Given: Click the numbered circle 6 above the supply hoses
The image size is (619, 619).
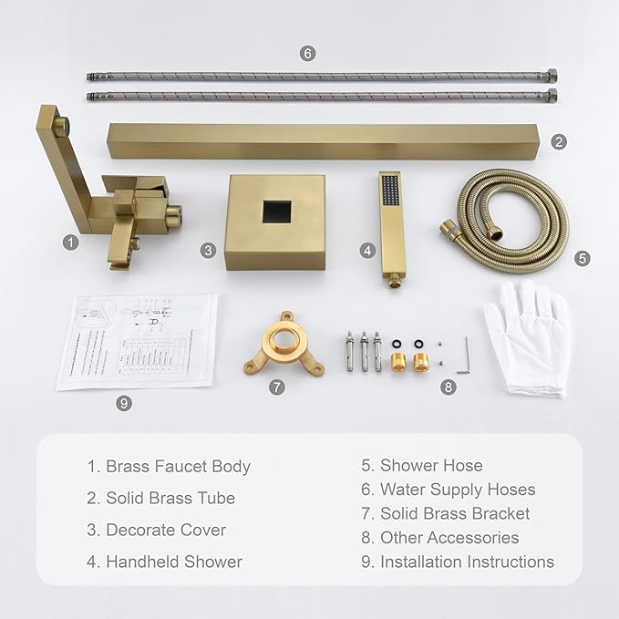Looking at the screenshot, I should (308, 53).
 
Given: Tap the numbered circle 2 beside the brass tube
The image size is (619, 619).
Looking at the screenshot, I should (559, 141).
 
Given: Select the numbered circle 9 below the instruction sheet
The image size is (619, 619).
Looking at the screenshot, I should (125, 402).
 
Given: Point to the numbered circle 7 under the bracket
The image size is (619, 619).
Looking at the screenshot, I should (277, 387).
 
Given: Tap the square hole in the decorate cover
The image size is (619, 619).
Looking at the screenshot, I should (275, 213).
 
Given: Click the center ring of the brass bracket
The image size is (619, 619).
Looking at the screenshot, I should (284, 350).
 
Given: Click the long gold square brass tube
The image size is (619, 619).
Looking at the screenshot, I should (328, 141).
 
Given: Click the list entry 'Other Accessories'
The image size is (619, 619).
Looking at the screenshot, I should (449, 538).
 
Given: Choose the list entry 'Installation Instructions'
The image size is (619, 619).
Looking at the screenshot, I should (467, 562).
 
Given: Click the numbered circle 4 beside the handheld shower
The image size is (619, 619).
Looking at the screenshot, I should (367, 249).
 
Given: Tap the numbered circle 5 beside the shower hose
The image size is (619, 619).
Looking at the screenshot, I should (583, 258).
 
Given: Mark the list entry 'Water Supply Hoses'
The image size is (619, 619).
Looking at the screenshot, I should (458, 490).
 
